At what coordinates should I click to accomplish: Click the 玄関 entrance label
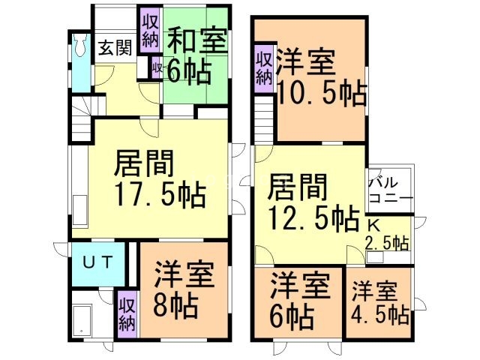tap(115, 48)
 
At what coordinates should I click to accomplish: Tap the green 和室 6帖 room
tap(196, 57)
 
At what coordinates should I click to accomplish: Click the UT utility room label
tap(98, 263)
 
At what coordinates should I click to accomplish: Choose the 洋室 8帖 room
tap(184, 289)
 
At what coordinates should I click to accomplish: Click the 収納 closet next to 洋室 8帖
tap(126, 311)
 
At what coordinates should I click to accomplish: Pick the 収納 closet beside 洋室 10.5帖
tap(263, 67)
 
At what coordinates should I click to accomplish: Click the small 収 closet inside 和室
tap(157, 68)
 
